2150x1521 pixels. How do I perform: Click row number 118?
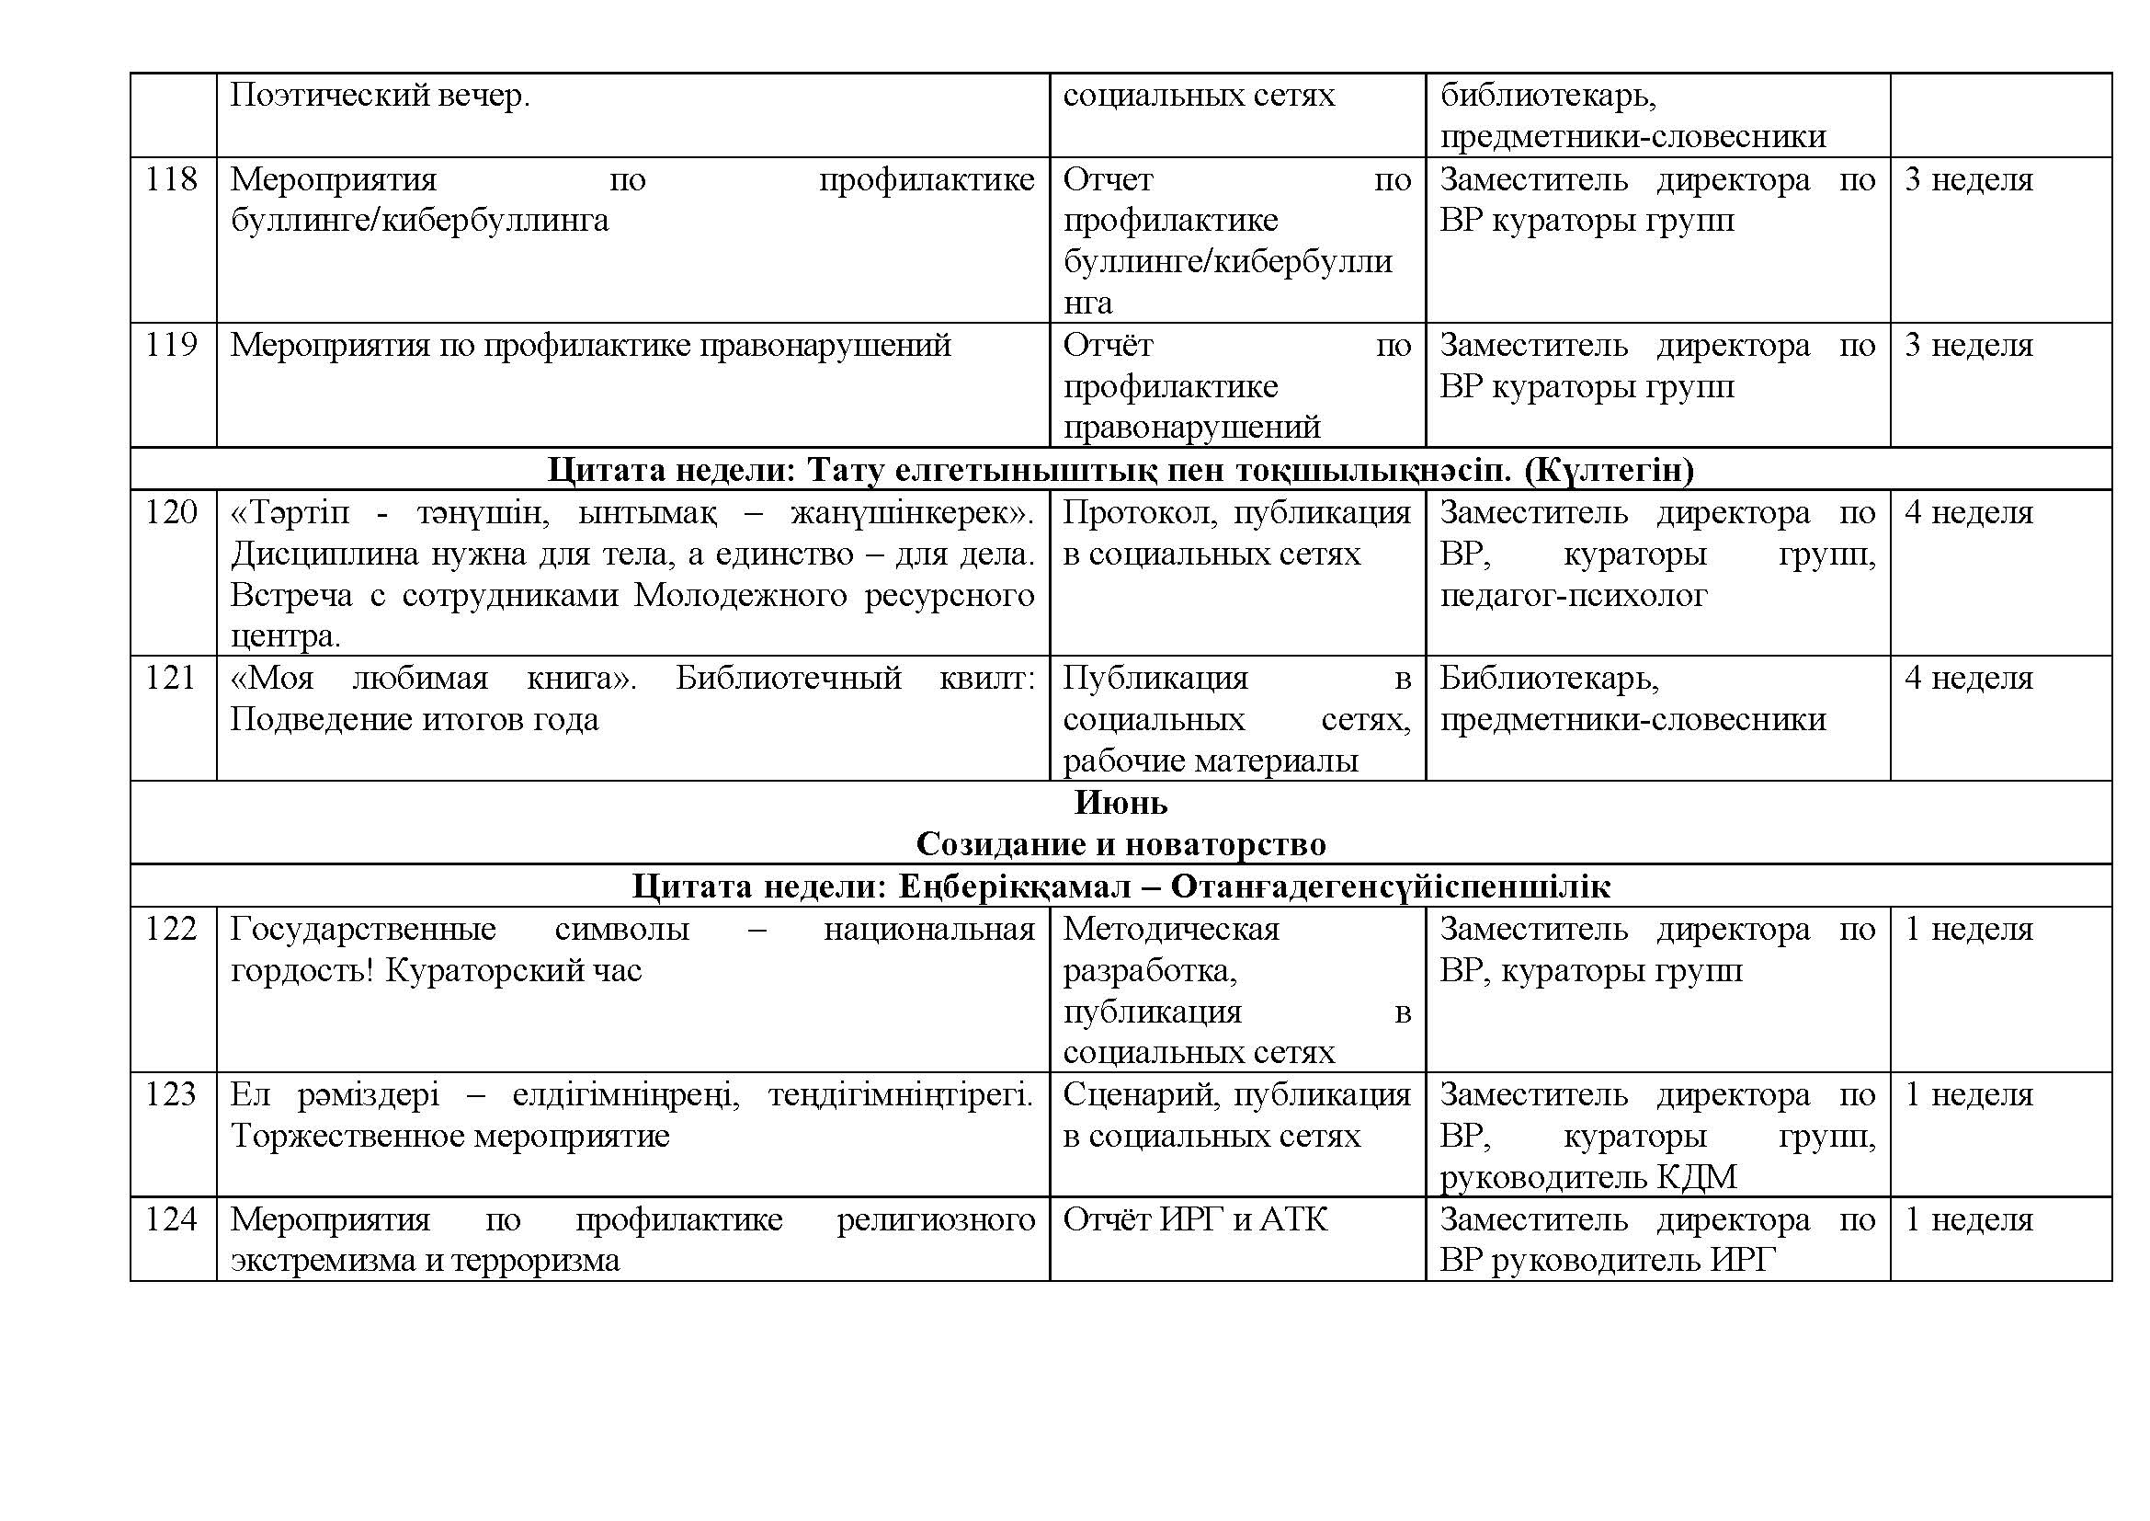170,179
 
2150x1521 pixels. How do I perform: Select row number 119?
170,346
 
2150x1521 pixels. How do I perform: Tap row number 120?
170,512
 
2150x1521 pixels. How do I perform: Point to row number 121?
170,678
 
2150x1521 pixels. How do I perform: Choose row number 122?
170,929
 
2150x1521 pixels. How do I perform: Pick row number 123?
170,1095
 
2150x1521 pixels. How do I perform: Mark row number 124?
170,1219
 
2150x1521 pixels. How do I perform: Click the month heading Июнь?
1120,803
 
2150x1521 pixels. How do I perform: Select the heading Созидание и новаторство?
1120,844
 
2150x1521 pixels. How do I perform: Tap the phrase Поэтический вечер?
381,96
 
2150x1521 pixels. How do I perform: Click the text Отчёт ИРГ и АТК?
1195,1219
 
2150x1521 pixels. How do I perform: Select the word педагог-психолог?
1573,596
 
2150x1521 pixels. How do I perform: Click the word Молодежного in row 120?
740,596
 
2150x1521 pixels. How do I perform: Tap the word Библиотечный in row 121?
789,678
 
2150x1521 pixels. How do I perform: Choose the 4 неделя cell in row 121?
1968,678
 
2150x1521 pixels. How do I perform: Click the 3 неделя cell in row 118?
1968,179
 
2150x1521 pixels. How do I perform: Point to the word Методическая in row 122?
1170,929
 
